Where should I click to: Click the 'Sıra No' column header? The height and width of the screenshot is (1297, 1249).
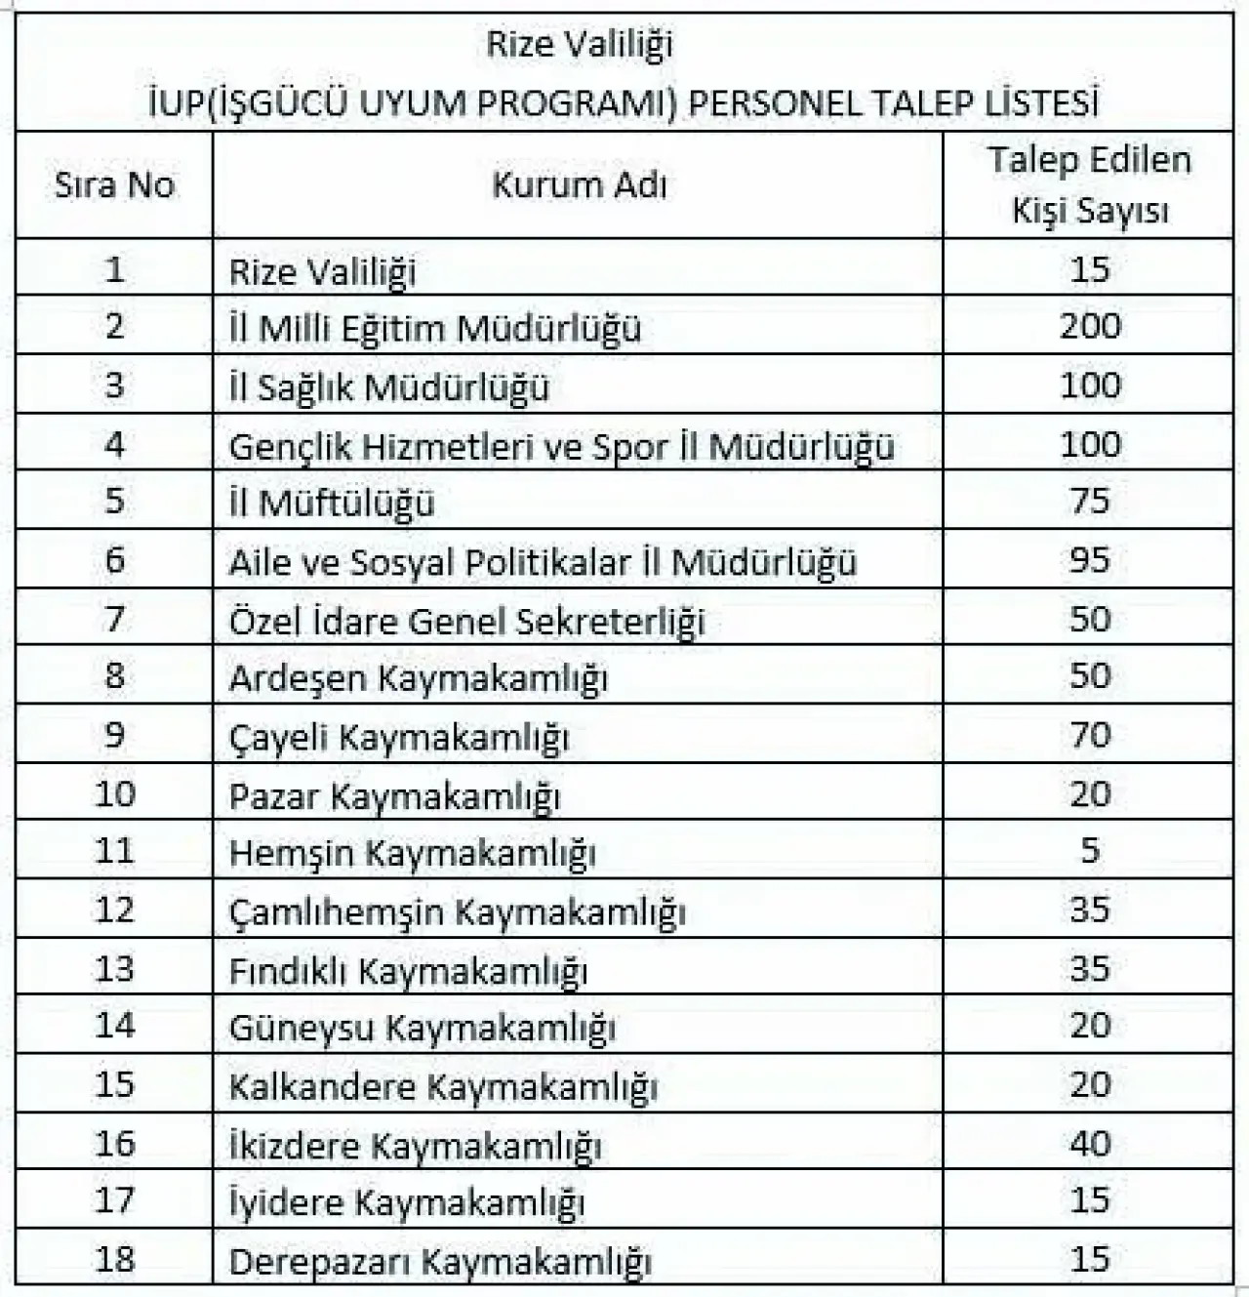[114, 185]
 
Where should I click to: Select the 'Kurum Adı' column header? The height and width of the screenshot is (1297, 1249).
[579, 185]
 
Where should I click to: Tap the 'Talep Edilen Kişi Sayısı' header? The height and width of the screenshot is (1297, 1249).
[1089, 185]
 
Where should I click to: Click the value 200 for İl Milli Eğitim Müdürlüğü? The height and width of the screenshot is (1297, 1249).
[1090, 326]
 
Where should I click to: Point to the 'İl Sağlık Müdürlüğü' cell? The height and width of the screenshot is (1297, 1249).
[389, 387]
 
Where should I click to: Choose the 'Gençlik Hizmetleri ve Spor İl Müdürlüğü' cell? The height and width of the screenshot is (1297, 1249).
[561, 446]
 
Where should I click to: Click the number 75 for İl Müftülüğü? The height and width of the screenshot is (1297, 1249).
[1090, 502]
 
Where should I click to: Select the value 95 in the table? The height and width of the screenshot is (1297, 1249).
[1090, 560]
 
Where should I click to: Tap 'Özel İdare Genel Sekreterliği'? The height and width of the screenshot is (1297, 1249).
[466, 621]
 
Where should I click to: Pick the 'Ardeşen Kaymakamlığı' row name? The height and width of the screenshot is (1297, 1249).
[418, 678]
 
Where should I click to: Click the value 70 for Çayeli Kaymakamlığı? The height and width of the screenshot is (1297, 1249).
[1090, 734]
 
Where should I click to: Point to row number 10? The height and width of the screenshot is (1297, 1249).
[114, 793]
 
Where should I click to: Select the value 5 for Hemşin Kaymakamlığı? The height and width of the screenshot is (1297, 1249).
[1090, 851]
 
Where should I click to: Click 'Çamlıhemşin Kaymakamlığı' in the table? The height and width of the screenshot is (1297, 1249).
[457, 912]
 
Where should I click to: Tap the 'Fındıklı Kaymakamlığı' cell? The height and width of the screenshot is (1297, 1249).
[408, 970]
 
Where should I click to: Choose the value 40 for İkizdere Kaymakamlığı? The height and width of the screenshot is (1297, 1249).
[1090, 1143]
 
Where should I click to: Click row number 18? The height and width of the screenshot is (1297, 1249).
[114, 1259]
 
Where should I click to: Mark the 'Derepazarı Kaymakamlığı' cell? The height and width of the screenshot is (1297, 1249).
[439, 1261]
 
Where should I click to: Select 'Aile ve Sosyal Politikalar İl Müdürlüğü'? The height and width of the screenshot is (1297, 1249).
[543, 562]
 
